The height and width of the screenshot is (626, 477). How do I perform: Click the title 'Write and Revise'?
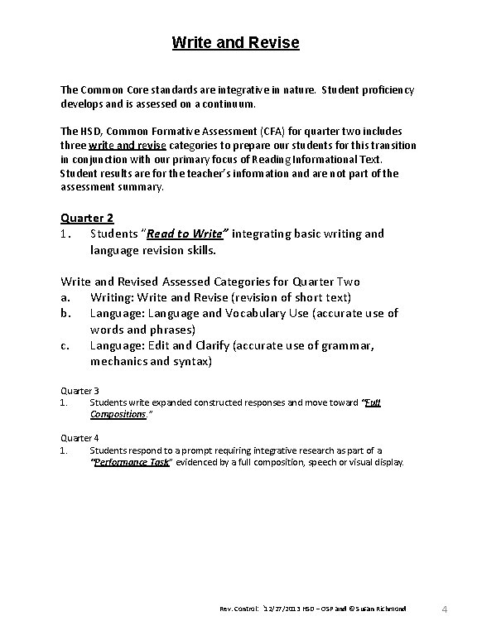click(236, 41)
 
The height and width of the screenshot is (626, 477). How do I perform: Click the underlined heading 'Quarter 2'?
click(87, 219)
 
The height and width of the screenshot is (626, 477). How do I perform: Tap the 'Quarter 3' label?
click(80, 390)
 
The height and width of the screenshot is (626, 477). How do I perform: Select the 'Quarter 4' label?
click(80, 437)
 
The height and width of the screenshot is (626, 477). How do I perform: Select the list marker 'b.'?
click(66, 313)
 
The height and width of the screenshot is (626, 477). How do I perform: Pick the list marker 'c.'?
click(66, 346)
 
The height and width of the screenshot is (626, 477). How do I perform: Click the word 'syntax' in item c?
click(190, 362)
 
